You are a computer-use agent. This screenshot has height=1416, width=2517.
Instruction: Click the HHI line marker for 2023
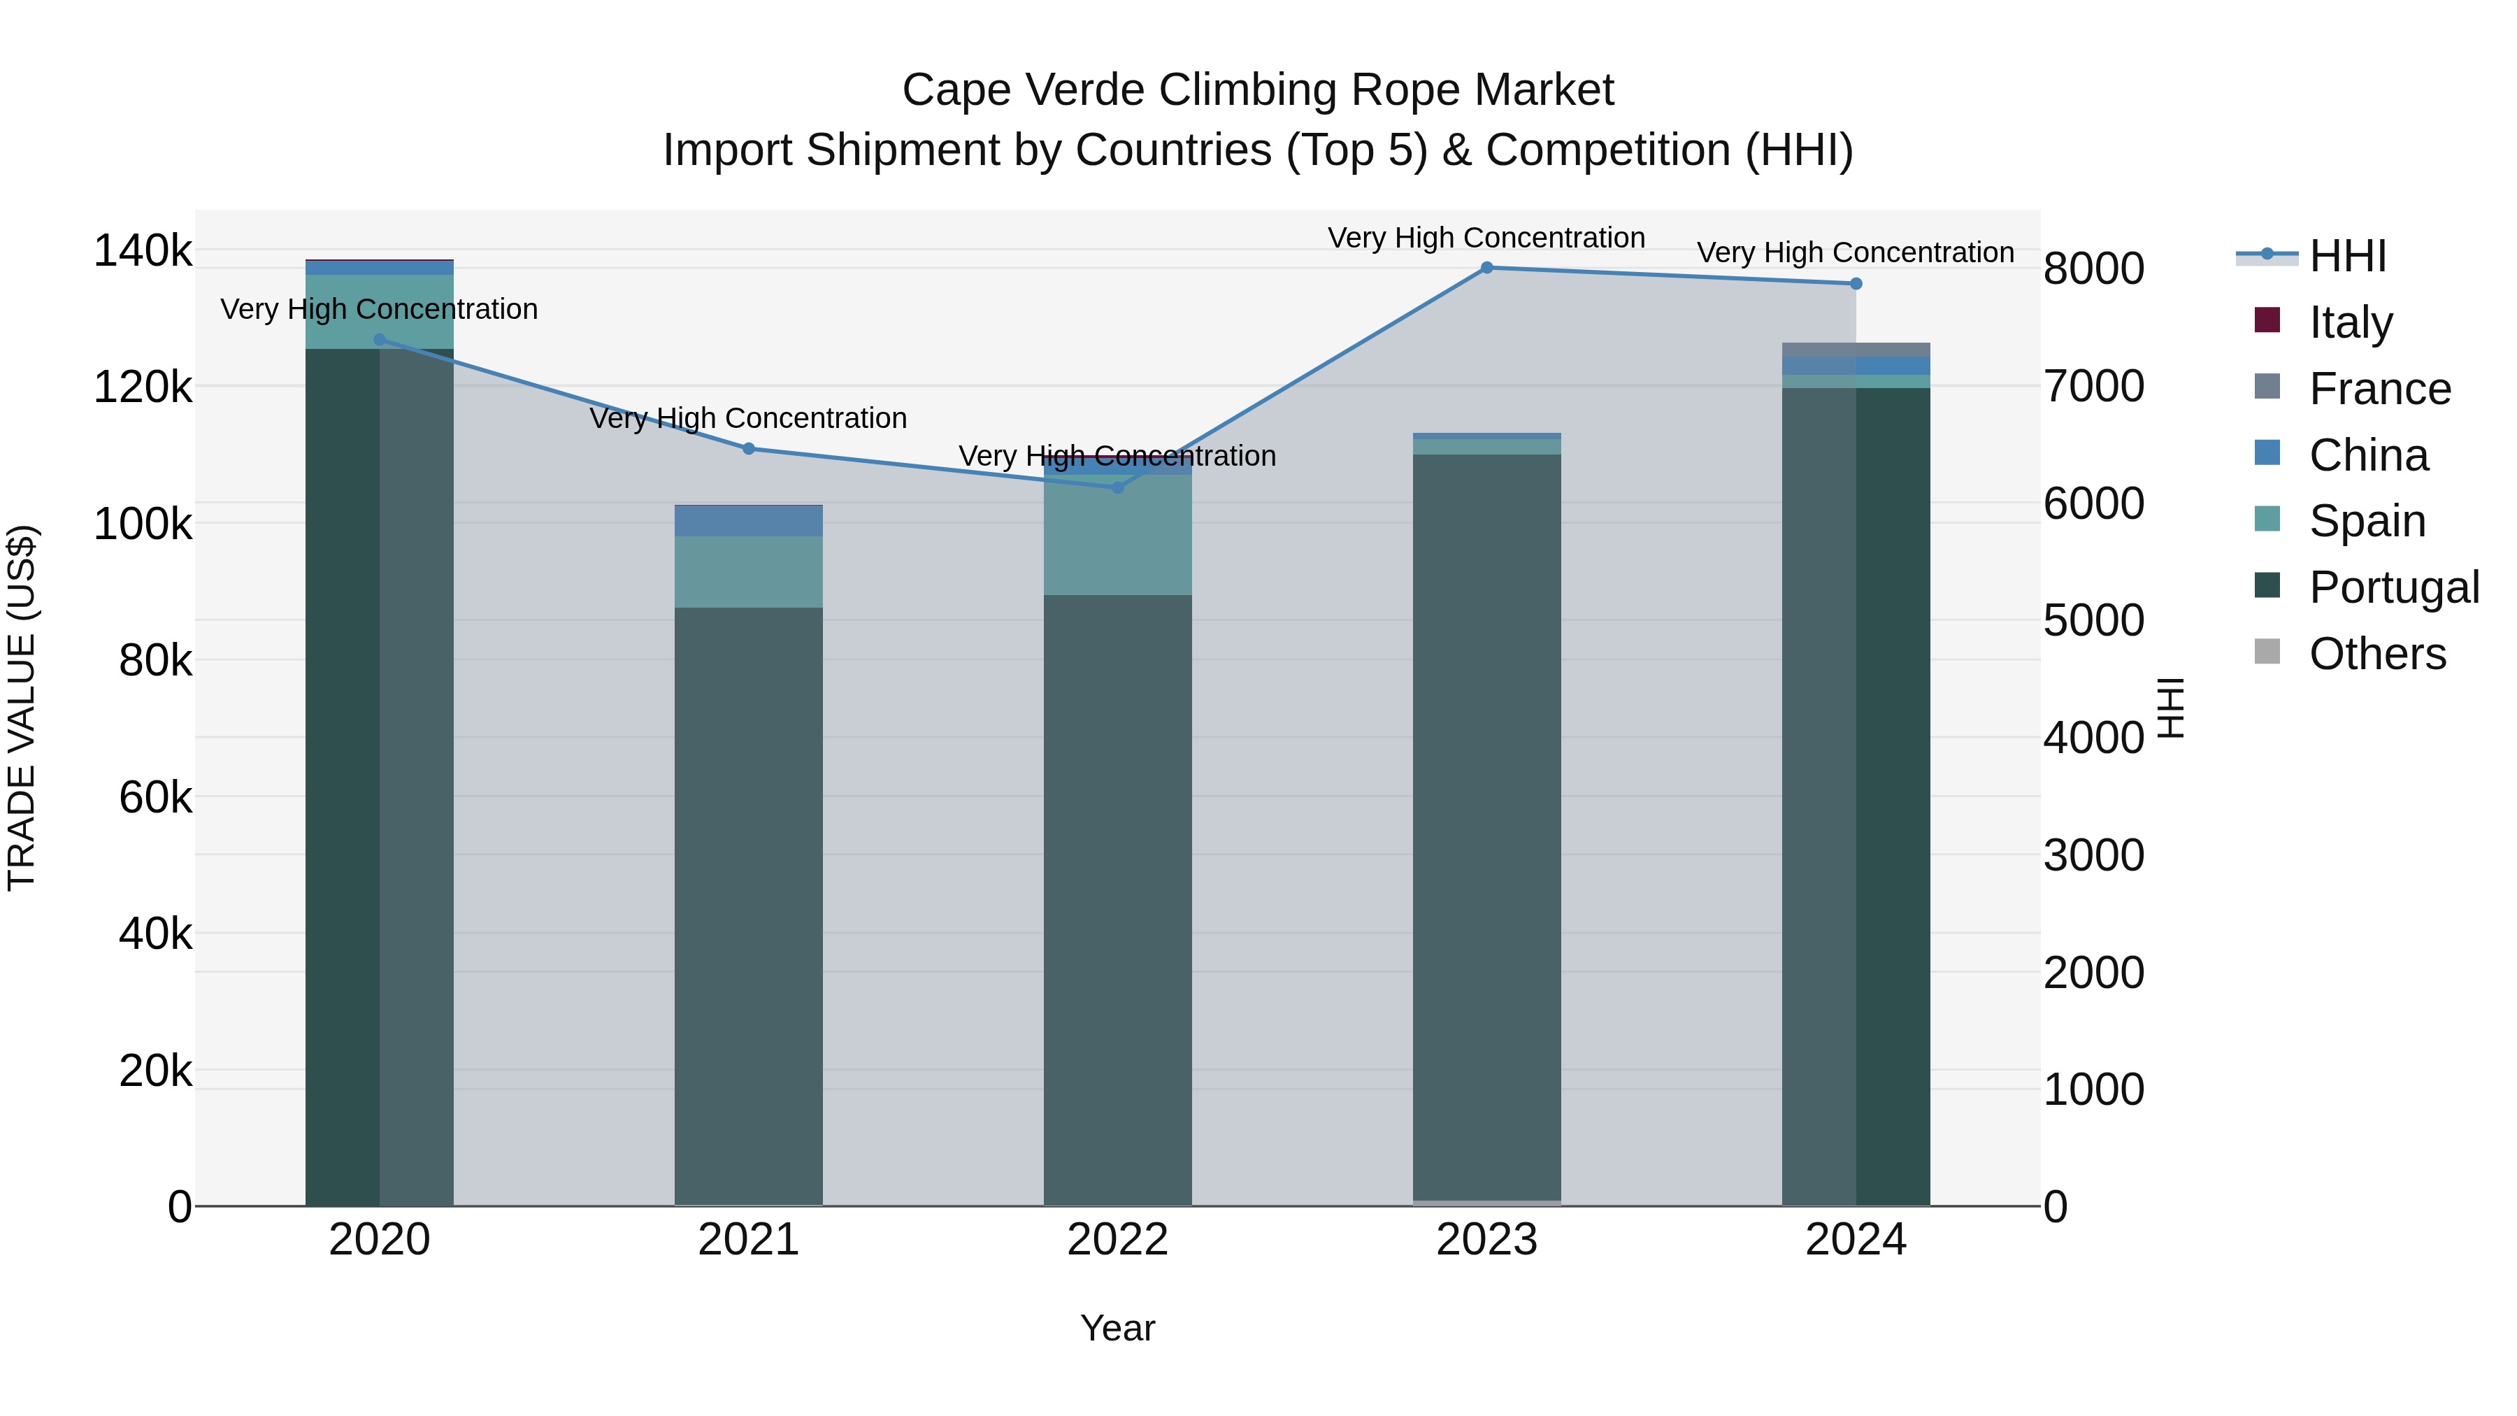click(x=1486, y=268)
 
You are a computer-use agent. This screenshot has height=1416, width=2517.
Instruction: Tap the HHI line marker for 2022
click(x=1118, y=487)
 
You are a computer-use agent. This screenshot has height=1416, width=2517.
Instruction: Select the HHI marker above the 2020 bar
click(x=380, y=340)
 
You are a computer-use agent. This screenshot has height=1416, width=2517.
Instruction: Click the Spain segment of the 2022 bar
click(x=1118, y=536)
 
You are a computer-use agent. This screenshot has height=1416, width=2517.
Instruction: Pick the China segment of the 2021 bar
click(x=748, y=522)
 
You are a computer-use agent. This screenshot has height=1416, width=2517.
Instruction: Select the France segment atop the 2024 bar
click(x=1856, y=350)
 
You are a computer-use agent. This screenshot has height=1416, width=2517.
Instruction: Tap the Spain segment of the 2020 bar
click(x=380, y=312)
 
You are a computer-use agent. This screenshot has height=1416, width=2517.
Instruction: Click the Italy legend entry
click(x=2350, y=322)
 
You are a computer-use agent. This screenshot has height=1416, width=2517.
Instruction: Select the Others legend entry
click(x=2376, y=654)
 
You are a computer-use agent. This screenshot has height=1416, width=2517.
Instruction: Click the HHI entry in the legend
click(x=2347, y=256)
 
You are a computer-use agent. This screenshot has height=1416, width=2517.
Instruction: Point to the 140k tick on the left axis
click(x=143, y=251)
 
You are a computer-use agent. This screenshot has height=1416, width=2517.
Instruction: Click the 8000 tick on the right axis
click(x=2093, y=269)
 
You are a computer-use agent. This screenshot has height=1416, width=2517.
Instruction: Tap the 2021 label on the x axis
click(x=748, y=1240)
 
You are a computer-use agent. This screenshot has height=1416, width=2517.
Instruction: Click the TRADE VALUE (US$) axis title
click(x=22, y=708)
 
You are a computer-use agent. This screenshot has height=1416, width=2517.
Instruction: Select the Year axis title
click(x=1118, y=1328)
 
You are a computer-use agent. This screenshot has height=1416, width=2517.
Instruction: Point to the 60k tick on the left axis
click(x=155, y=797)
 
